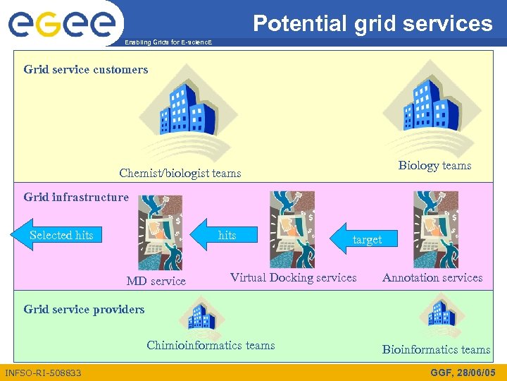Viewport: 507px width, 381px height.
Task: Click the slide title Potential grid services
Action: [x=373, y=23]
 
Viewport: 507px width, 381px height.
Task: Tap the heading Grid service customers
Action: [x=86, y=69]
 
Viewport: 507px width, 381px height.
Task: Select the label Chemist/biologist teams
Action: [x=180, y=173]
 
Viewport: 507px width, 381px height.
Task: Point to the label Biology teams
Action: [x=434, y=165]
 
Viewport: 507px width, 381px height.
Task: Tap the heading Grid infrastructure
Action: [x=76, y=197]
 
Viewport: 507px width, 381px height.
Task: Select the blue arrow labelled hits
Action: [x=224, y=235]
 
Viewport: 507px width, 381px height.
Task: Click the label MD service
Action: [x=156, y=281]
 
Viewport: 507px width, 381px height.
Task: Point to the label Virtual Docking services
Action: [x=293, y=277]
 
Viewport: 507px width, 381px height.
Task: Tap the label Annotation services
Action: [x=432, y=277]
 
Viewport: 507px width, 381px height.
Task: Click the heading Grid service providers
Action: [x=84, y=309]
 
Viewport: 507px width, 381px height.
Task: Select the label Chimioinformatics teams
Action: [x=211, y=345]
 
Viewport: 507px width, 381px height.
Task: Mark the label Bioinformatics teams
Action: [x=436, y=349]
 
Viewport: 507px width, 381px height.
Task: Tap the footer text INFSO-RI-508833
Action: [x=43, y=372]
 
